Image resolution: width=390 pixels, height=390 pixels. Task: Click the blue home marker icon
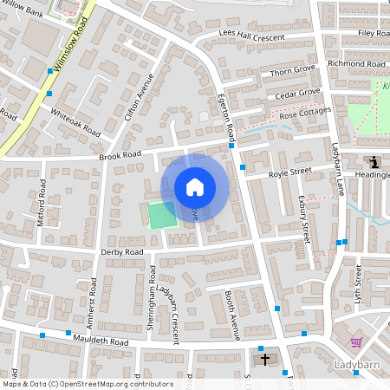coord(195,186)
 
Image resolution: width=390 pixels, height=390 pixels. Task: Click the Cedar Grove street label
coord(298,93)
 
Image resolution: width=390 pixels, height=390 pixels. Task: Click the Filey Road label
coord(374,33)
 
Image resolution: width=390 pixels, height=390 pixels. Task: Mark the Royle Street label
coord(289,172)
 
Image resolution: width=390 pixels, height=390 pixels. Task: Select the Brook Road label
coord(120,156)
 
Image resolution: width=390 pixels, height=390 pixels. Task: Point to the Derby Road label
coord(122,252)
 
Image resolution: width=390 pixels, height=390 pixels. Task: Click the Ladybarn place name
coord(358,365)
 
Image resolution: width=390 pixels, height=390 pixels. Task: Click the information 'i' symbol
coord(374,161)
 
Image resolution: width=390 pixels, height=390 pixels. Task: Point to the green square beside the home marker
coord(161,215)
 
